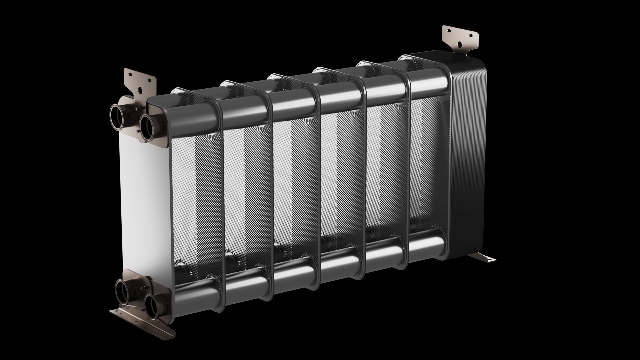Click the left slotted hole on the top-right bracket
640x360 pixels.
449,30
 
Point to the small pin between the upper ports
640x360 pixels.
137,108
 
